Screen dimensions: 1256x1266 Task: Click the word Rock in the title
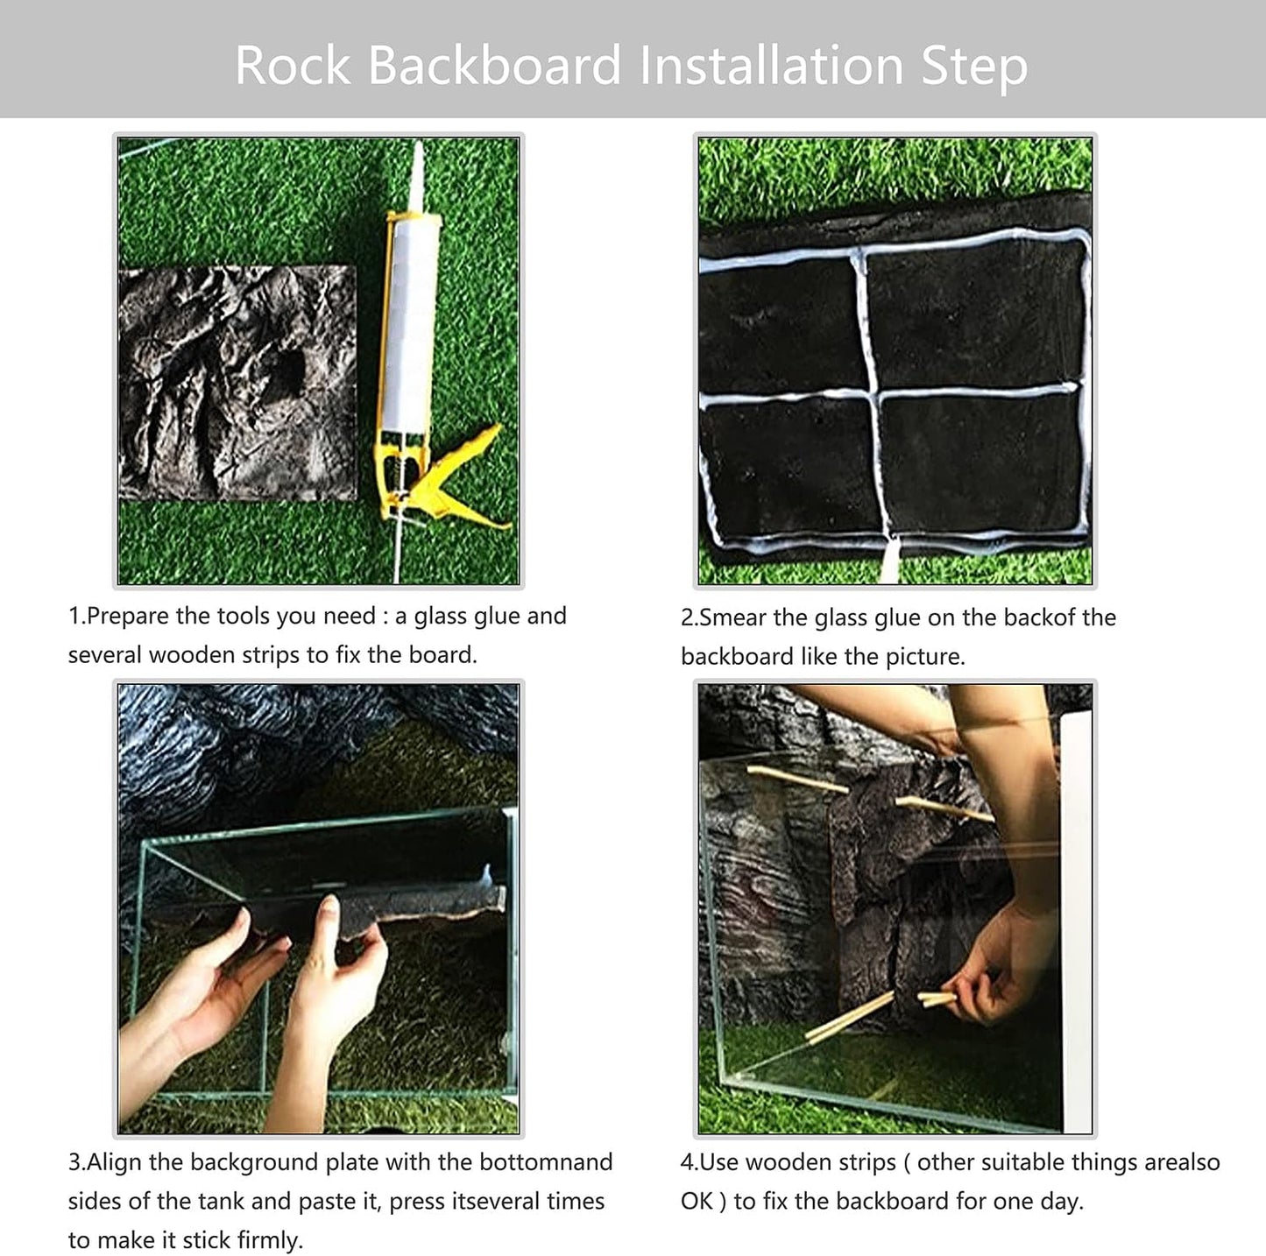point(293,66)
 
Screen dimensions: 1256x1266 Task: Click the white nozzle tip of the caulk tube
point(418,171)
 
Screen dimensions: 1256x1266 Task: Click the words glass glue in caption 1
point(467,617)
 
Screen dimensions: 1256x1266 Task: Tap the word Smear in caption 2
point(732,618)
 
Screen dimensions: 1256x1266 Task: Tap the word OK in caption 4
point(697,1202)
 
